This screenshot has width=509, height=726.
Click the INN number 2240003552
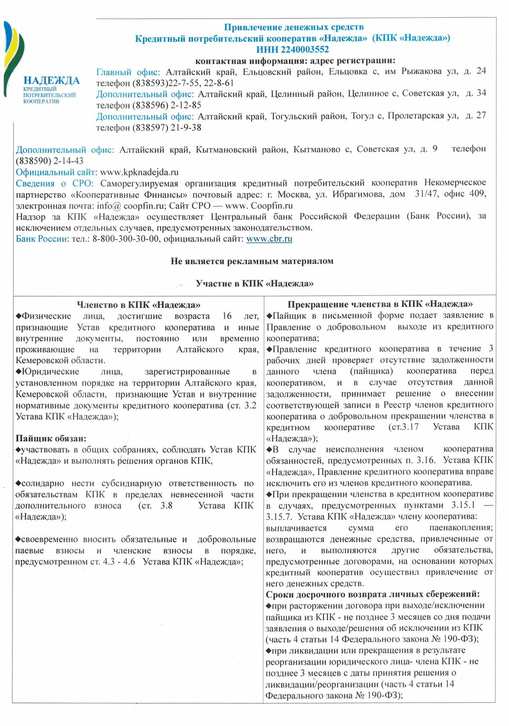292,49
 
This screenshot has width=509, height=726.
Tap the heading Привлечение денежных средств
294,27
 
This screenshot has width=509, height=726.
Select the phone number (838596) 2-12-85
167,105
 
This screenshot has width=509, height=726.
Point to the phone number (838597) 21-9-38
167,128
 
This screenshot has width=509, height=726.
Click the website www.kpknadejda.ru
139,172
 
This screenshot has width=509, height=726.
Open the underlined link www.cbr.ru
269,239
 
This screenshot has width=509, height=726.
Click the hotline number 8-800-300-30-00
126,239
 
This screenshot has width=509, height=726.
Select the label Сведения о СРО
54,183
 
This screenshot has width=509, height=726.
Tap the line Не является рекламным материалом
252,261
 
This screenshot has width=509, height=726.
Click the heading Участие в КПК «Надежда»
254,284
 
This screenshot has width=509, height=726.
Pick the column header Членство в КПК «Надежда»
138,305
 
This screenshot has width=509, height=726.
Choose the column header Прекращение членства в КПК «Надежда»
380,304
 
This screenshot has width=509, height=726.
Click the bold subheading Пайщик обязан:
51,439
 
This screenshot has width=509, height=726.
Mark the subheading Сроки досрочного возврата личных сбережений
373,594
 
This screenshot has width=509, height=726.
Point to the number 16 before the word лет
227,316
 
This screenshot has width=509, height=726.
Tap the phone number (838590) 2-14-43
50,161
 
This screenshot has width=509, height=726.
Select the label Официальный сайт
55,172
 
